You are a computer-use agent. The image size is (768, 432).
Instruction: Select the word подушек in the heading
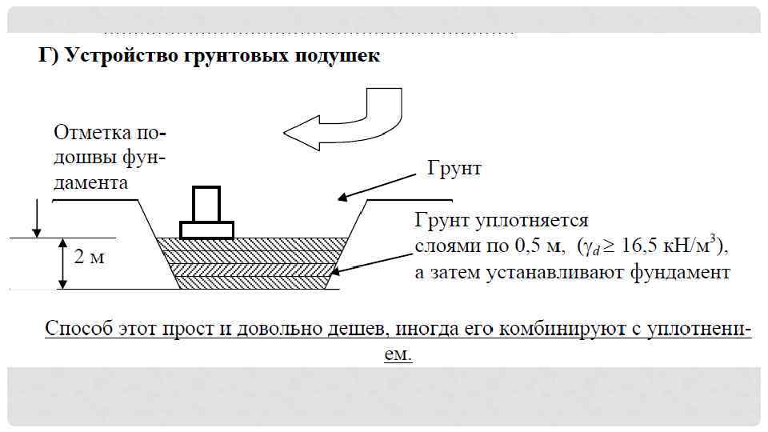pos(336,57)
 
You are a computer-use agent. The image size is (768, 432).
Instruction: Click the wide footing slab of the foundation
pos(206,230)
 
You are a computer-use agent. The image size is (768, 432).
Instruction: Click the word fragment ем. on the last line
pos(398,354)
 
